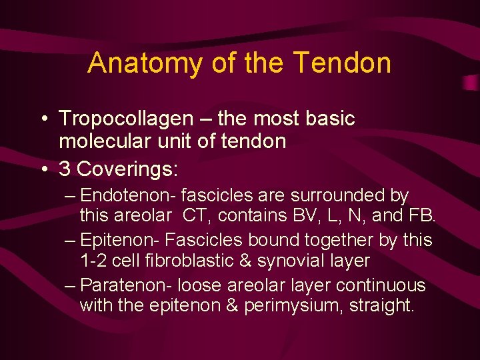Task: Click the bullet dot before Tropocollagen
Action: pos(42,120)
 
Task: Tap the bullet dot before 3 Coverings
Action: pos(42,169)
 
